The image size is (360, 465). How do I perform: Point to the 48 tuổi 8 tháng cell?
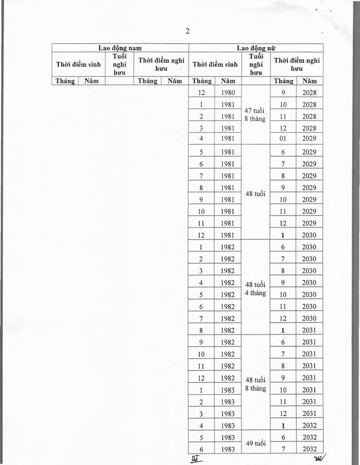(256, 383)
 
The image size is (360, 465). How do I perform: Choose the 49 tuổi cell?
(256, 444)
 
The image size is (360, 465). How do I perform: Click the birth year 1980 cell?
(228, 93)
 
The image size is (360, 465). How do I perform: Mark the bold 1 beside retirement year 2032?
(283, 426)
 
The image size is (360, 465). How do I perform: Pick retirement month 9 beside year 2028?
(283, 93)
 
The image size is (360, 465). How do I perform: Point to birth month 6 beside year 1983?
(201, 449)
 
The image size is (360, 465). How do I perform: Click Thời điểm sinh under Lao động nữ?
(214, 65)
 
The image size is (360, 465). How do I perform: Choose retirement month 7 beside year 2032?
(283, 449)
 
